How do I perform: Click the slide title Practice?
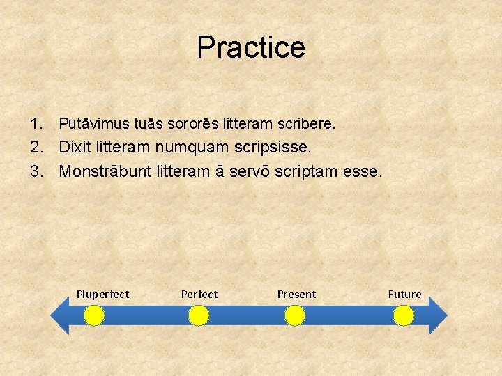(x=251, y=47)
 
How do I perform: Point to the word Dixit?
(x=75, y=148)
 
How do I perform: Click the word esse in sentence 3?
(x=363, y=171)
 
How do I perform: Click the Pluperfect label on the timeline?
(x=102, y=295)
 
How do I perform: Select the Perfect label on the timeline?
(x=199, y=295)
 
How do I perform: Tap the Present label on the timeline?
(x=296, y=295)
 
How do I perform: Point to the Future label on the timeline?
(x=404, y=295)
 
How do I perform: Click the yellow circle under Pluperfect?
(x=94, y=317)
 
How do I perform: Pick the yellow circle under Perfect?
(x=199, y=317)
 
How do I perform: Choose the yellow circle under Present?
(x=295, y=317)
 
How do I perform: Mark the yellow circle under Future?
(x=404, y=317)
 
